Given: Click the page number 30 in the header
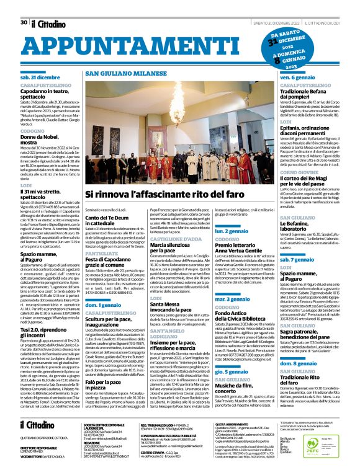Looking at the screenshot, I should coord(23,6).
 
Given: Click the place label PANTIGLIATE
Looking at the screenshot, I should coord(102,235).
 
